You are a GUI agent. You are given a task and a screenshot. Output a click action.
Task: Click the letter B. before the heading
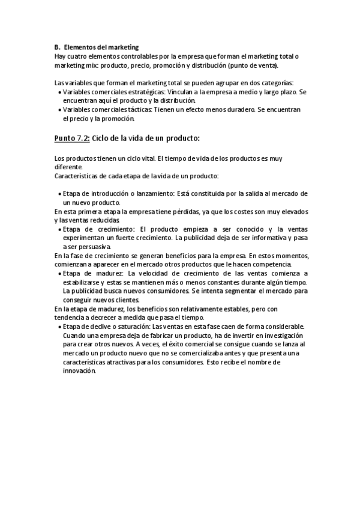coord(57,47)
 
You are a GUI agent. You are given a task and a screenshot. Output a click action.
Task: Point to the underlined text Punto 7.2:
coord(72,138)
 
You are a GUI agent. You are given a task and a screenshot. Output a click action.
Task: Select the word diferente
coord(68,167)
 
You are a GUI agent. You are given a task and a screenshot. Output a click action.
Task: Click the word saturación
coord(124,327)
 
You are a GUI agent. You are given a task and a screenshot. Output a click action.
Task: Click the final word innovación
coord(79,371)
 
